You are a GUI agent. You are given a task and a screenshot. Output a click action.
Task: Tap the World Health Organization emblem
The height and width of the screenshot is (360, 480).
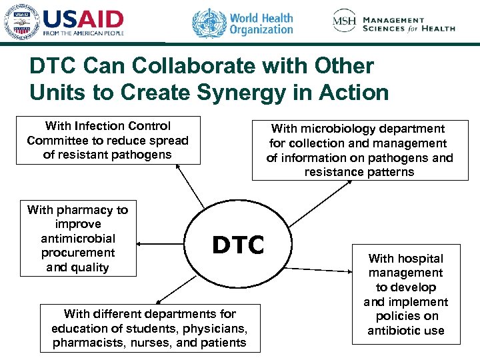[209, 23]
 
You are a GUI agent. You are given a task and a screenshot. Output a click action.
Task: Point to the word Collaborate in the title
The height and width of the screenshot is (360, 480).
[181, 65]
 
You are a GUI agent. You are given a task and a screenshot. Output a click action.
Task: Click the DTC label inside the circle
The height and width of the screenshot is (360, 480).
[238, 245]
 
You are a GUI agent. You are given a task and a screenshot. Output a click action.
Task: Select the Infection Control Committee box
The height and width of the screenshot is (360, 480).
[108, 140]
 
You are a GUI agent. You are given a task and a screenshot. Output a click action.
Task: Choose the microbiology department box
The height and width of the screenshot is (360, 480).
[359, 150]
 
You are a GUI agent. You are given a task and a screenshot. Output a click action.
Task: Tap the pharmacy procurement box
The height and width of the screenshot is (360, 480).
[77, 238]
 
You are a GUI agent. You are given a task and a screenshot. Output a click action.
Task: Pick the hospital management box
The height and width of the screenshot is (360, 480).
[405, 294]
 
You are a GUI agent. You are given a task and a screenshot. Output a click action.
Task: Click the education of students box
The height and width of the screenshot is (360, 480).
[149, 328]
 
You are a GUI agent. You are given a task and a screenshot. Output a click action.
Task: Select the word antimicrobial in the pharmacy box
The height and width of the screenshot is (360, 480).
[77, 238]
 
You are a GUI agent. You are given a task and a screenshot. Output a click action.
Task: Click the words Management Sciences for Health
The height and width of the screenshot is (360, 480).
[409, 25]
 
